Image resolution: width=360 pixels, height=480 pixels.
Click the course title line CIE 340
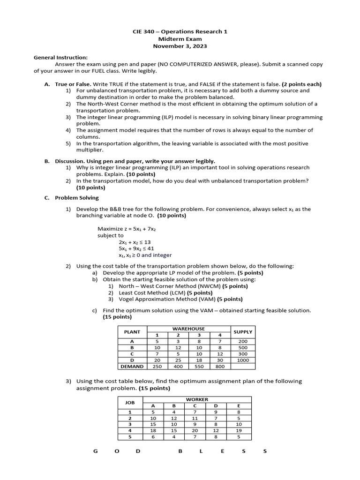(x=180, y=32)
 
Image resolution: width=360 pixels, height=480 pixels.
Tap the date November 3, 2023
(x=180, y=46)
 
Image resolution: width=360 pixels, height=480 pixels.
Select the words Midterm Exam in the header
(x=180, y=39)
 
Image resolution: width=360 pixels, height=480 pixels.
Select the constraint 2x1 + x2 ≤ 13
(x=135, y=242)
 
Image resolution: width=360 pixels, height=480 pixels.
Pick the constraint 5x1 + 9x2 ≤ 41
(x=136, y=248)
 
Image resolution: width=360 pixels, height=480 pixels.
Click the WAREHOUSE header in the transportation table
(x=189, y=329)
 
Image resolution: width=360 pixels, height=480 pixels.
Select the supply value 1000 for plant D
(x=243, y=360)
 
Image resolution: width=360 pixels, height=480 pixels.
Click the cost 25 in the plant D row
(x=178, y=360)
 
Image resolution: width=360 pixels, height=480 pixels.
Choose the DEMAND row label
(x=132, y=367)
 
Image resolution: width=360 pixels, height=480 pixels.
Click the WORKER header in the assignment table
(x=197, y=399)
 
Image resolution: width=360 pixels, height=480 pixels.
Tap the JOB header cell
(x=129, y=402)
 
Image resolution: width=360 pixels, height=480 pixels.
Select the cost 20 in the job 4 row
(x=195, y=430)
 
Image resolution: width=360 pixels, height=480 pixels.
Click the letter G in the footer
(x=95, y=451)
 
